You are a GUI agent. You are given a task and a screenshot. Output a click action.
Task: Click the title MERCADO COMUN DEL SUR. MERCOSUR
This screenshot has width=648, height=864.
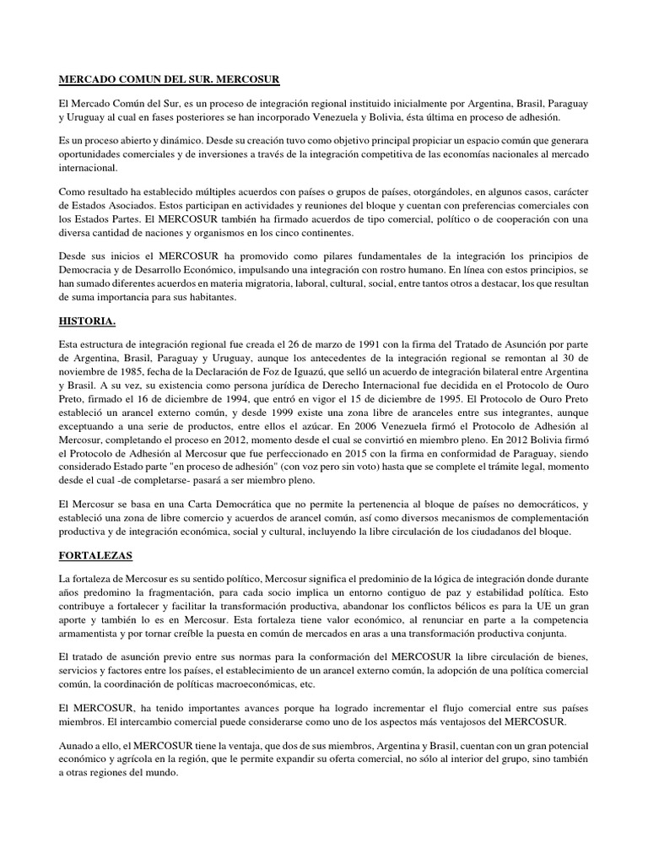169,78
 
